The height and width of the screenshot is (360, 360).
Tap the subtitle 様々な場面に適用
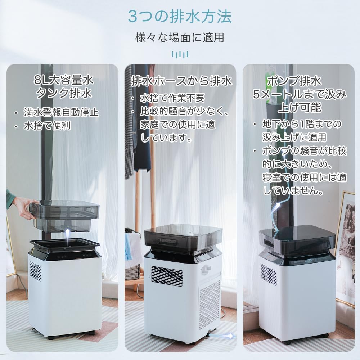[x=180, y=37]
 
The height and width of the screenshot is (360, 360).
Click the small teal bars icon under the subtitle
[x=180, y=54]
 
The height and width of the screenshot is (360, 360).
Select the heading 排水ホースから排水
[x=181, y=81]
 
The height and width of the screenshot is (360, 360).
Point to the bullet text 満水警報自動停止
[x=61, y=112]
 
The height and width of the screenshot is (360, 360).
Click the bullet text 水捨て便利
[x=47, y=126]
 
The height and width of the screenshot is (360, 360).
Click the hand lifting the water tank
[x=22, y=208]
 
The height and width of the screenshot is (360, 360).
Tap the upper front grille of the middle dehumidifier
[x=167, y=276]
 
